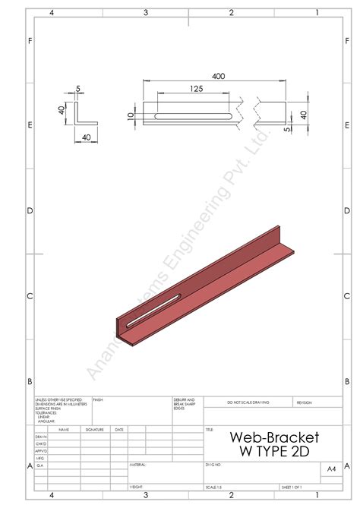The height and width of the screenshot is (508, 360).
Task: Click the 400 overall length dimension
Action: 219,77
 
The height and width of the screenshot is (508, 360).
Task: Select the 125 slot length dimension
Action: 196,89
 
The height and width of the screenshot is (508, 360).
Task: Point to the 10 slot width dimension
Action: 131,115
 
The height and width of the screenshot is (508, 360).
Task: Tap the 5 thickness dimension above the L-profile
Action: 78,89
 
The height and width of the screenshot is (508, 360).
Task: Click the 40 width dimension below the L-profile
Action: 86,137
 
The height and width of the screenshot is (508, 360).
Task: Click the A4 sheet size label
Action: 331,470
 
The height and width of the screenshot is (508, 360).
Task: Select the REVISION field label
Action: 304,402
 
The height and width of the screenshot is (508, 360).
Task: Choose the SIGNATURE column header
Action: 95,429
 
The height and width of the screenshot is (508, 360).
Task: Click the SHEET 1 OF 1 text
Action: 292,487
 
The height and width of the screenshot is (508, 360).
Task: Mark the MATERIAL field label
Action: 137,462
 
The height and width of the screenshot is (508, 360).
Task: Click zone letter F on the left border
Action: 29,39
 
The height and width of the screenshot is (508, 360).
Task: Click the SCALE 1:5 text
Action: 215,487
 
